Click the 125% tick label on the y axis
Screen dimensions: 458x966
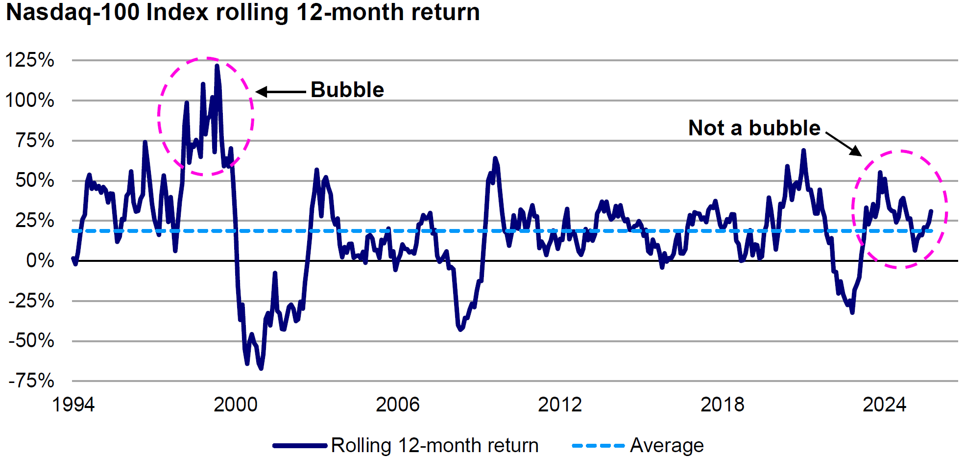(29, 60)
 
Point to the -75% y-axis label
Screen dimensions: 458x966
(31, 381)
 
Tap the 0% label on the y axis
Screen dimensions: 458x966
(40, 260)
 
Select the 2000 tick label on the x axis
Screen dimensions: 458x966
(236, 405)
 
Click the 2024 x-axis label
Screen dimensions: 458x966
(884, 405)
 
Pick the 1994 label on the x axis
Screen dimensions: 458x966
(73, 405)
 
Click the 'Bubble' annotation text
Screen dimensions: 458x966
(347, 90)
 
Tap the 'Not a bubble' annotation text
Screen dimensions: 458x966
(754, 128)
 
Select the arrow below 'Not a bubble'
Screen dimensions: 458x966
(844, 144)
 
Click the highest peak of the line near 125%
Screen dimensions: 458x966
(217, 66)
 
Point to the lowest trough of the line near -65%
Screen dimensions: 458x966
(261, 368)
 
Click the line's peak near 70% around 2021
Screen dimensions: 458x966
(803, 150)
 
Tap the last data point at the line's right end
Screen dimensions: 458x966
(931, 211)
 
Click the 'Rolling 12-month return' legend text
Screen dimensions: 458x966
(435, 445)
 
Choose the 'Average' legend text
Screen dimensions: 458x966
(667, 445)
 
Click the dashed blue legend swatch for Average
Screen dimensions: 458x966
(598, 445)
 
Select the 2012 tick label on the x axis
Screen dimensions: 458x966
(560, 405)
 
